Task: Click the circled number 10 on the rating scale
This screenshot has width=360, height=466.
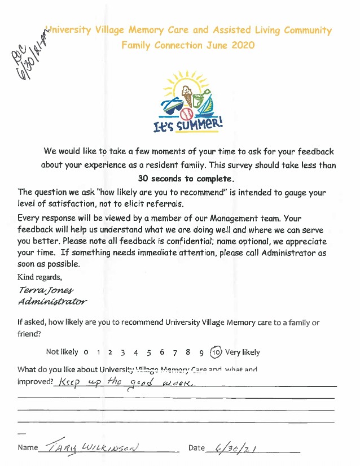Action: [216, 352]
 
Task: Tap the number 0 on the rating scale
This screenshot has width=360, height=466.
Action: [86, 352]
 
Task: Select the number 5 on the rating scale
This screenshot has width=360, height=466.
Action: [149, 352]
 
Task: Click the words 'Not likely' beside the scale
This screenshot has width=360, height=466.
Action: [62, 352]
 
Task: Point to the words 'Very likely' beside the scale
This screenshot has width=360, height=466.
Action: [243, 352]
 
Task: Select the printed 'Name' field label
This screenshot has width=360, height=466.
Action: [28, 448]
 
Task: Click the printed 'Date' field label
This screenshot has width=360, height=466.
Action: [196, 448]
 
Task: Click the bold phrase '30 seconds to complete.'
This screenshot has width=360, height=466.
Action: [179, 178]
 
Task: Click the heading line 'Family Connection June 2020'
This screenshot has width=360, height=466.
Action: [188, 45]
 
